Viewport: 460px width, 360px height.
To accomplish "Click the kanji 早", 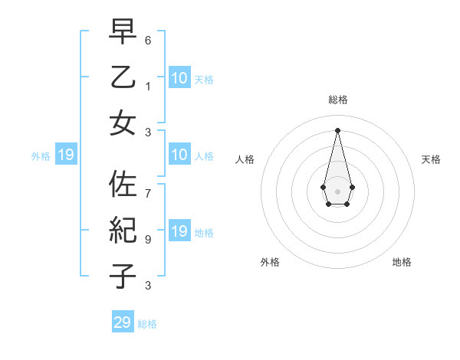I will (x=123, y=31).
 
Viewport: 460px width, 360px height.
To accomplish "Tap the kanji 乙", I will (x=123, y=77).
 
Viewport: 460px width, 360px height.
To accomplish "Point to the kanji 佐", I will (x=123, y=185).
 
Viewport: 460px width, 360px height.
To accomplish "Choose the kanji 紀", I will (x=123, y=230).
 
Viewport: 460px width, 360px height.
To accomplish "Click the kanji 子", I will (x=123, y=275).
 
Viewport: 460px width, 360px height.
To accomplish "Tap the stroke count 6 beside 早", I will (x=149, y=39).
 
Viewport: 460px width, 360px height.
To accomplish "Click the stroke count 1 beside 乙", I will (x=149, y=86).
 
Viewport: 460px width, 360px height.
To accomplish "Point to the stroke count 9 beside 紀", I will (x=149, y=239).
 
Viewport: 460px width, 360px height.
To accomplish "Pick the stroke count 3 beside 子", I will (x=149, y=285).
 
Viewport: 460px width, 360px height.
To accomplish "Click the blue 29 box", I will (x=123, y=322).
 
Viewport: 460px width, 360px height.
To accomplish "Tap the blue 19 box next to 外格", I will (x=65, y=155).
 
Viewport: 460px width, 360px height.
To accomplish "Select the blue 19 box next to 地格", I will (x=179, y=232).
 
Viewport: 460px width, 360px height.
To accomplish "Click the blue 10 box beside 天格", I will (x=179, y=78).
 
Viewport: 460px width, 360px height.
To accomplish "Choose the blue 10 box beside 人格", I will (x=179, y=155).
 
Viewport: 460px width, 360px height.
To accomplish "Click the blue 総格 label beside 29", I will (x=147, y=324).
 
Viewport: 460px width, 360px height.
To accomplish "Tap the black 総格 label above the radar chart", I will (x=337, y=100).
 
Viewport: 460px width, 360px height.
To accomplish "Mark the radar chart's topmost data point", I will (x=337, y=129).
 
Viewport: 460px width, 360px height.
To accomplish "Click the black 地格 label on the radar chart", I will (x=402, y=262).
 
